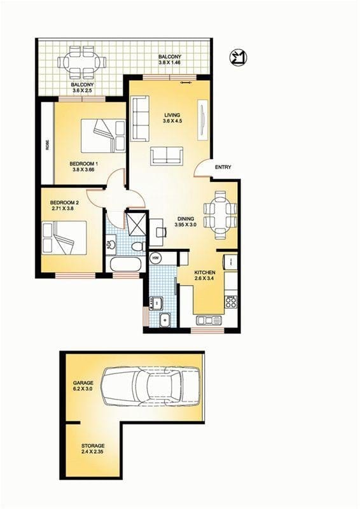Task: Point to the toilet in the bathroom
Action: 136,246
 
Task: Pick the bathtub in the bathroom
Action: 126,263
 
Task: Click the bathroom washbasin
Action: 111,244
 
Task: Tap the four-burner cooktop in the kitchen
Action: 231,302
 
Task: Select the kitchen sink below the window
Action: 209,319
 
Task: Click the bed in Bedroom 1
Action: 102,136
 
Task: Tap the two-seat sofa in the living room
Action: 167,155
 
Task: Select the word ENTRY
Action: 223,167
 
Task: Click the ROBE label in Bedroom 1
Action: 48,144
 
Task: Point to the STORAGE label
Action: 93,445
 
